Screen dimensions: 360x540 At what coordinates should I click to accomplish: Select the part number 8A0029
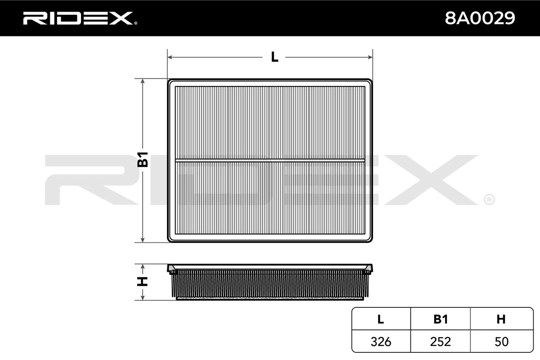tap(480, 18)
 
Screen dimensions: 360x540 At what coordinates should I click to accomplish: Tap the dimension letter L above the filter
tap(274, 57)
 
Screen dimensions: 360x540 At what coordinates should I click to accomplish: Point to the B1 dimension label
tap(143, 160)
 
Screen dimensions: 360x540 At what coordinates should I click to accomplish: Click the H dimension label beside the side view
tap(143, 282)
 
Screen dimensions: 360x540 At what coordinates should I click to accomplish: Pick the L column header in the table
tap(381, 319)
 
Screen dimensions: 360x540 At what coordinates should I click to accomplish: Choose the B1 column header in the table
tap(441, 319)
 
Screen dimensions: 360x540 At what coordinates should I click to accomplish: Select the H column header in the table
tap(500, 319)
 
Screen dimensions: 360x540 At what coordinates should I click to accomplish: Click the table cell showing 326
tap(381, 342)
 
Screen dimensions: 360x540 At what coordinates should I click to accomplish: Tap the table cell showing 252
tap(441, 342)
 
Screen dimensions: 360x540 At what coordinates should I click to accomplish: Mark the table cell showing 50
tap(500, 342)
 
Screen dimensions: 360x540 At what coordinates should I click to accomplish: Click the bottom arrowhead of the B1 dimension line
tap(143, 239)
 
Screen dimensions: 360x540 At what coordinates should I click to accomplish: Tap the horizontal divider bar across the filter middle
tap(270, 160)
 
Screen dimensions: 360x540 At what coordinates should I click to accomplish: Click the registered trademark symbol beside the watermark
tap(489, 199)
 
